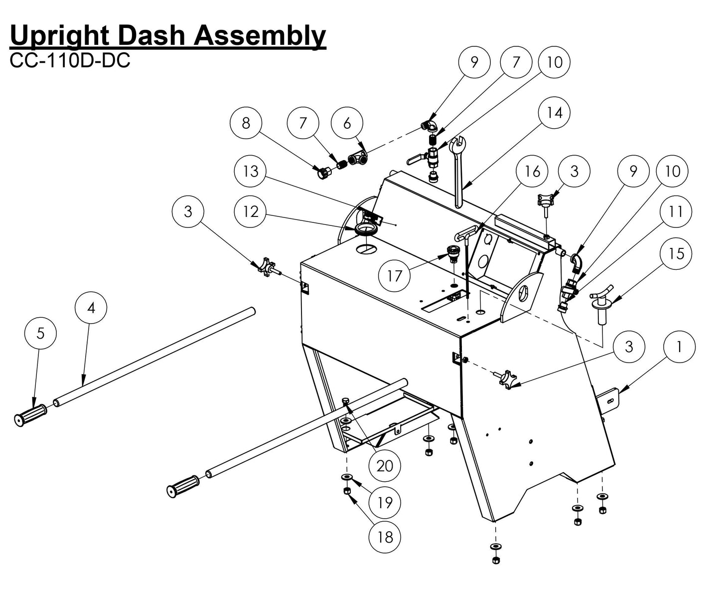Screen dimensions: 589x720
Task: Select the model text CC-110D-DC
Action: point(70,60)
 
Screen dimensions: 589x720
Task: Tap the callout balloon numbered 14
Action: point(555,113)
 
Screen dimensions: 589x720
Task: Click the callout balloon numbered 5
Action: point(41,333)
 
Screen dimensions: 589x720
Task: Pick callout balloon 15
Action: point(676,254)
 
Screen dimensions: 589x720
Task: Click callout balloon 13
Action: point(251,171)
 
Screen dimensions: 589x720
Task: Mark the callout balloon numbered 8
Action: point(246,123)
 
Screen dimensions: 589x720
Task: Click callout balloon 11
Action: point(675,211)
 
